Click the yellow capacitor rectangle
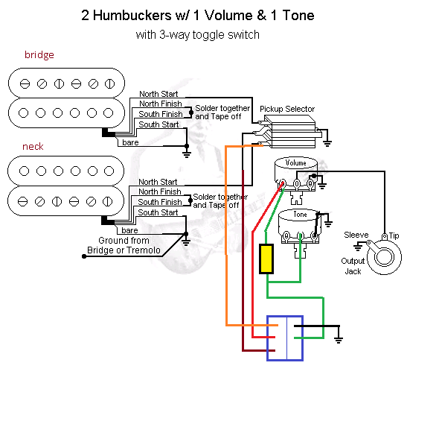click(x=266, y=259)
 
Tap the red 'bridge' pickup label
click(x=39, y=54)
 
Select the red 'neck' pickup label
click(x=33, y=147)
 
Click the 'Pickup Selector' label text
click(x=287, y=109)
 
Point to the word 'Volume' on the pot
click(x=295, y=163)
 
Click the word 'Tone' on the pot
click(x=300, y=215)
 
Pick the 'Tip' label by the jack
click(x=394, y=235)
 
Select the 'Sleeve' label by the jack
click(x=356, y=235)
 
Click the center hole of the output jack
click(x=384, y=257)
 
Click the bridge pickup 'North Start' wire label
click(x=158, y=94)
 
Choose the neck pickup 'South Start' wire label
click(x=158, y=212)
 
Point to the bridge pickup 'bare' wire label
click(x=130, y=142)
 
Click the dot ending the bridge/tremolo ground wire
click(x=84, y=256)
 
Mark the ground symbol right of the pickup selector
click(x=327, y=144)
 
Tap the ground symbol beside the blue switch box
click(x=339, y=340)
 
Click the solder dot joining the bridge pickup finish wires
click(x=191, y=113)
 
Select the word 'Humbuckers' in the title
click(x=132, y=15)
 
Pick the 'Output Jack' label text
click(x=353, y=266)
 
